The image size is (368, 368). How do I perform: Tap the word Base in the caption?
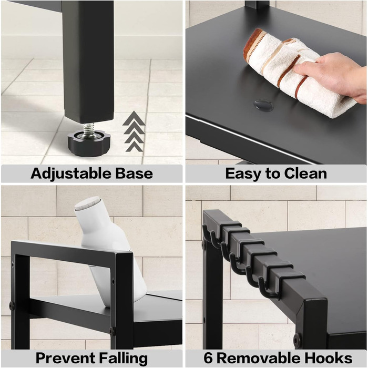tap(134, 173)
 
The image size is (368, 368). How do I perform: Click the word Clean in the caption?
tap(305, 173)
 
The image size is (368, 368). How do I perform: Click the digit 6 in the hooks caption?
tap(208, 358)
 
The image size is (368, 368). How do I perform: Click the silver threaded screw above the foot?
tap(89, 129)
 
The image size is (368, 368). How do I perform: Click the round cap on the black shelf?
tap(263, 105)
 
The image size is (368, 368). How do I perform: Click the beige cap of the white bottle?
tap(88, 202)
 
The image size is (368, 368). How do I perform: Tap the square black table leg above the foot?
tap(88, 62)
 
